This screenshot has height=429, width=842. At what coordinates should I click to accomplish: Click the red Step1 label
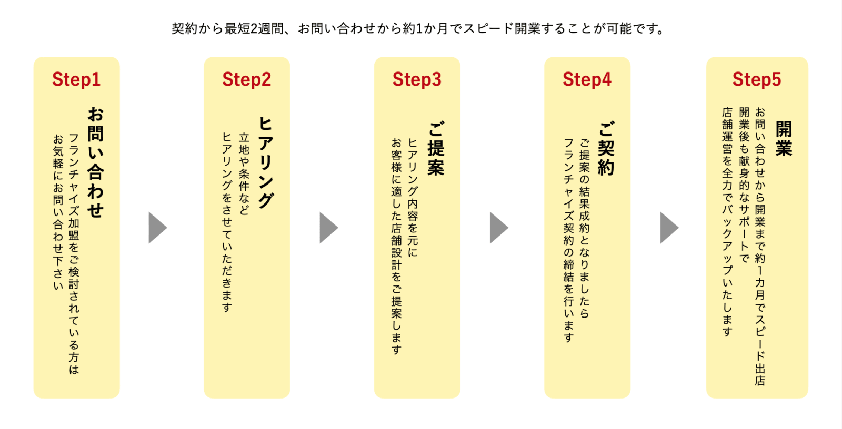pos(76,79)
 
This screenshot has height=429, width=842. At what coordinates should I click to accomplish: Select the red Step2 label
pos(246,79)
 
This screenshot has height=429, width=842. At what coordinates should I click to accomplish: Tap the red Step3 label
pos(417,79)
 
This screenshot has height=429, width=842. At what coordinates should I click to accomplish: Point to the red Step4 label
pos(587,79)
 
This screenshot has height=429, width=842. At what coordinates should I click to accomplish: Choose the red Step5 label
pos(757,79)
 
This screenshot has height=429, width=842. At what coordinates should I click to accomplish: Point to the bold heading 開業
pos(784,139)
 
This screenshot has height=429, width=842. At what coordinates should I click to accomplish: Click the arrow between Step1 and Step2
pos(157,228)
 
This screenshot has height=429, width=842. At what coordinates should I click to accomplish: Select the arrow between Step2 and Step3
pos(328,228)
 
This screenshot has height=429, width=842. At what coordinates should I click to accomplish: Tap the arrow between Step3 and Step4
pos(498,228)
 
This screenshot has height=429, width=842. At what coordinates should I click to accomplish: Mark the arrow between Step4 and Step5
pos(669,228)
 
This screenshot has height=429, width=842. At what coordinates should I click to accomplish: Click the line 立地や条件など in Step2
pos(244,173)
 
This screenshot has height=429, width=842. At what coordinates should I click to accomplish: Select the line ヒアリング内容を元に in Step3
pos(413,198)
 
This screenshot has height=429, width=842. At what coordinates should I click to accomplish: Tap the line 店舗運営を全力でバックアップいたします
pos(727,221)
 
